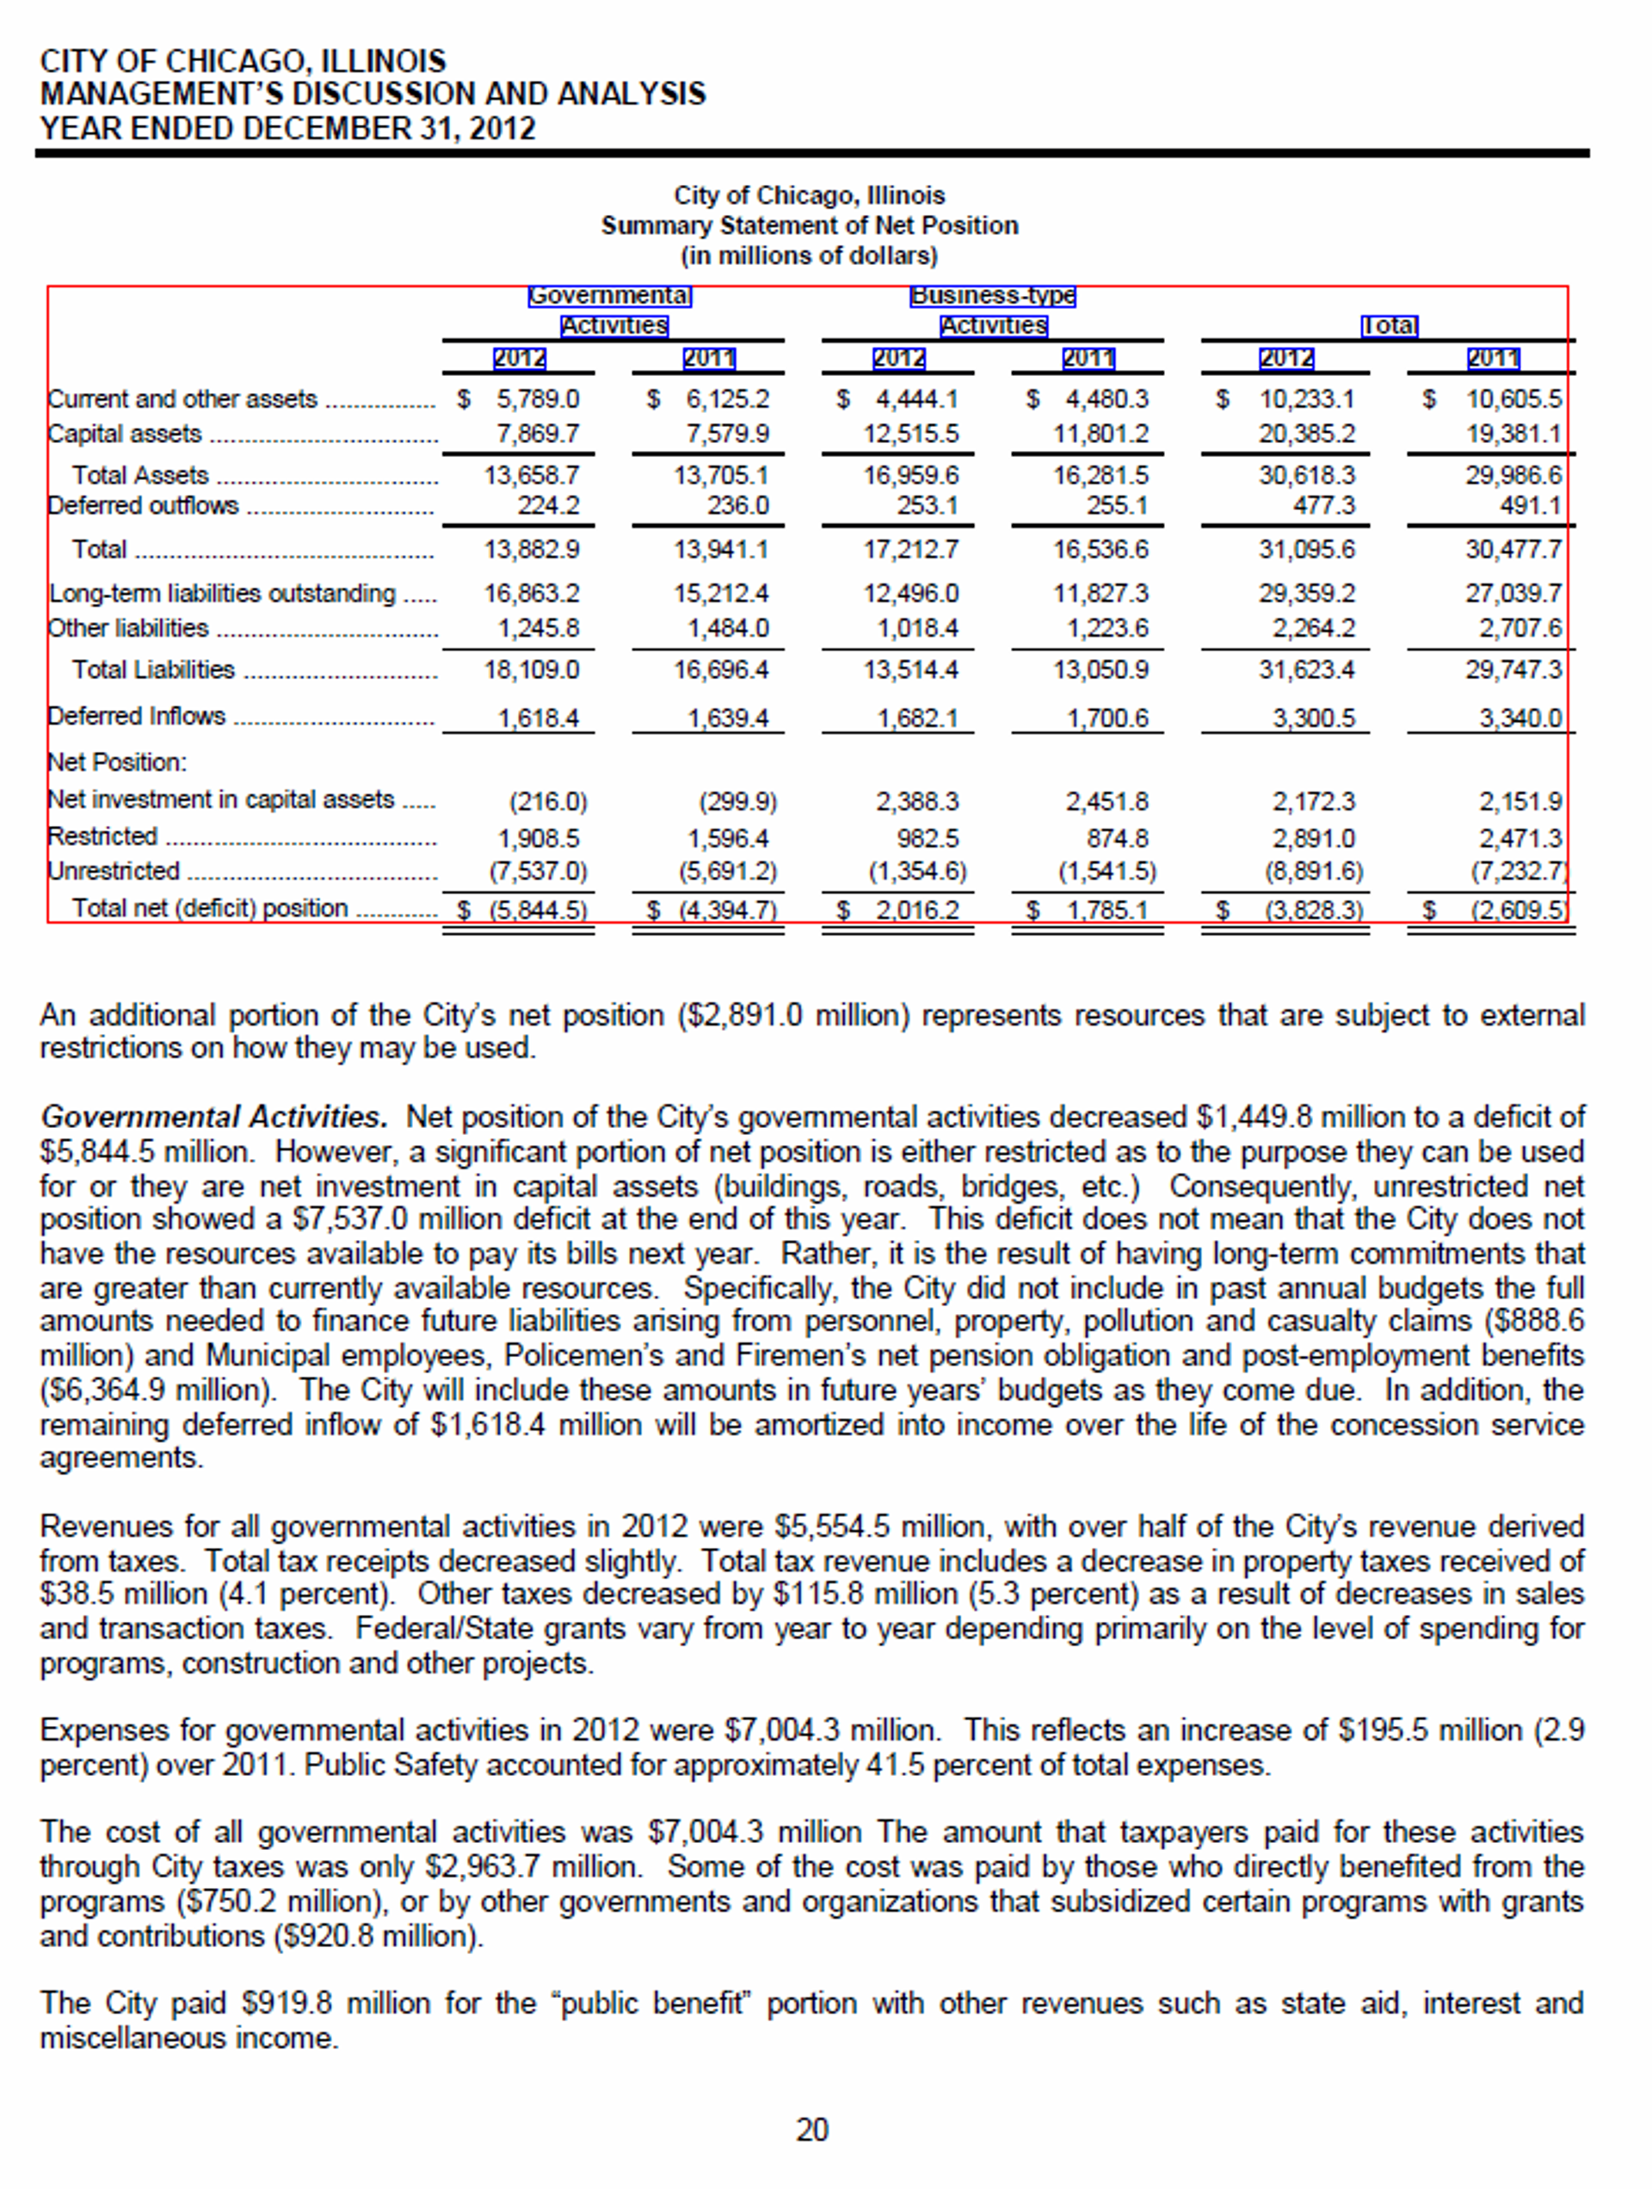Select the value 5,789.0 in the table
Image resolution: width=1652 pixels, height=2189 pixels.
[538, 398]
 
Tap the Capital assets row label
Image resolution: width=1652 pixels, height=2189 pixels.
[125, 434]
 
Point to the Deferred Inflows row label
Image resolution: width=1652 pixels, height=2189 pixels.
[137, 716]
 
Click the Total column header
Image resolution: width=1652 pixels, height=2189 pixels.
[1389, 325]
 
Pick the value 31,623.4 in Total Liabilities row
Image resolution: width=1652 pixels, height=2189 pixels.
[1307, 670]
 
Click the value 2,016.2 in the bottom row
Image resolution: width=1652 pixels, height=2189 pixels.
[916, 910]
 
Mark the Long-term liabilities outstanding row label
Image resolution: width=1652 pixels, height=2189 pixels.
[222, 593]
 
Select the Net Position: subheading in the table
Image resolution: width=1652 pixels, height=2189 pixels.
[117, 762]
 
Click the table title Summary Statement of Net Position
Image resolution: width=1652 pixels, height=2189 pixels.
[809, 225]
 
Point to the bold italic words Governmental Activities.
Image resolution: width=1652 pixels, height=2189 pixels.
[213, 1117]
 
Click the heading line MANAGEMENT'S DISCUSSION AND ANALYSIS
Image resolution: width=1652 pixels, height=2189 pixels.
[373, 94]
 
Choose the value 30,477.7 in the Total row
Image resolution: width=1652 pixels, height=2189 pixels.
[1513, 549]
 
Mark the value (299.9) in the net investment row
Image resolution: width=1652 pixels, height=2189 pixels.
[737, 800]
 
